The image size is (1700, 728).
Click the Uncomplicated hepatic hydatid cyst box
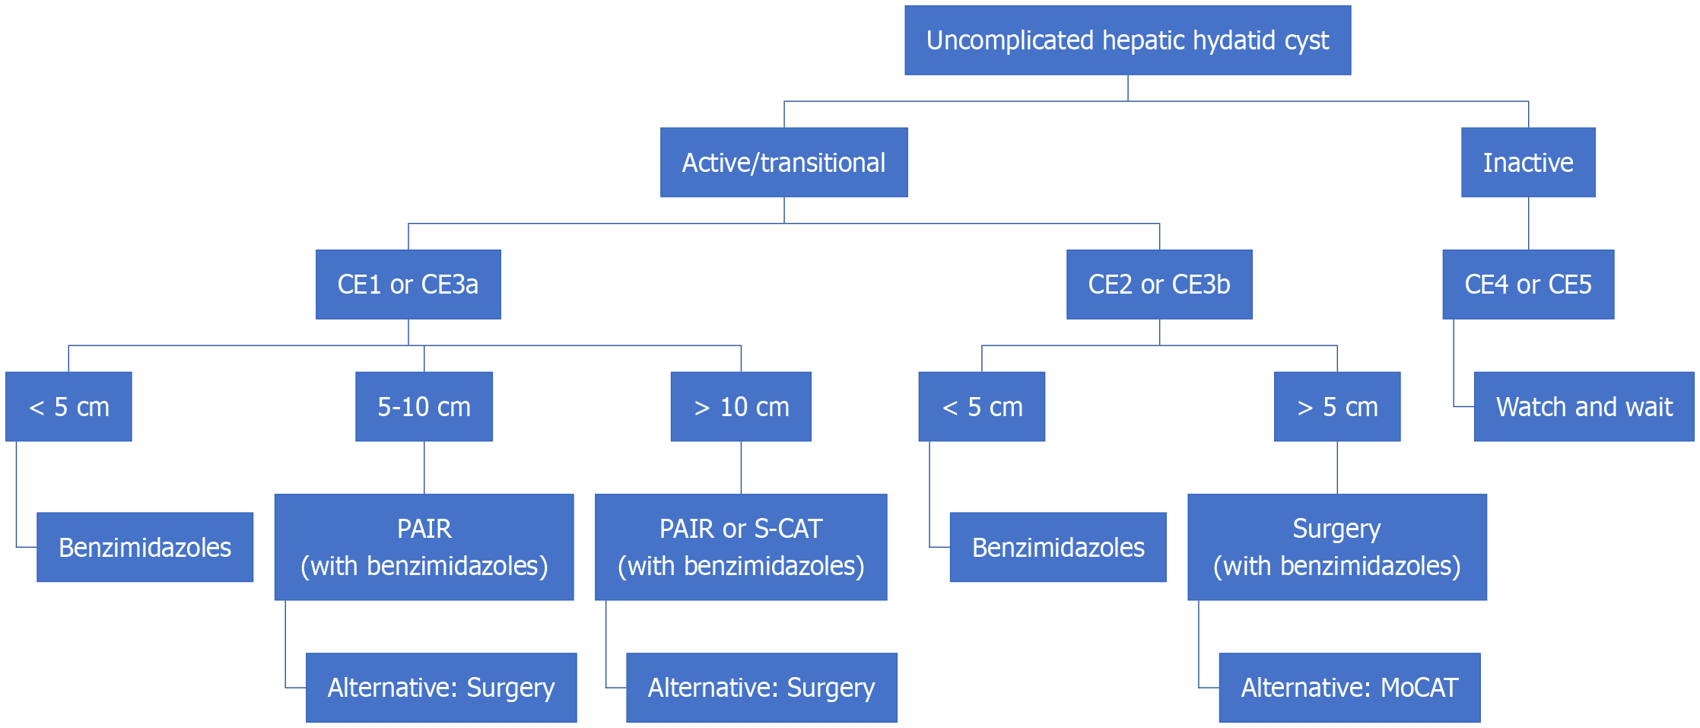pyautogui.click(x=1127, y=40)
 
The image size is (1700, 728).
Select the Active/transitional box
pyautogui.click(x=783, y=162)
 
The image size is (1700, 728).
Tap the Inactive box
pyautogui.click(x=1528, y=162)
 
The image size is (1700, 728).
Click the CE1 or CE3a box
pyautogui.click(x=408, y=284)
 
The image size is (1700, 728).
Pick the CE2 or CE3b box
pyautogui.click(x=1159, y=284)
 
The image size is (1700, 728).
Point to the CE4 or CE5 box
pyautogui.click(x=1528, y=284)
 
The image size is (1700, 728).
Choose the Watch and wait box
pyautogui.click(x=1584, y=406)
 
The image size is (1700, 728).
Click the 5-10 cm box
pyautogui.click(x=424, y=406)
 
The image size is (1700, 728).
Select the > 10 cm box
pyautogui.click(x=741, y=406)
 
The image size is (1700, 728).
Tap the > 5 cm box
pyautogui.click(x=1337, y=406)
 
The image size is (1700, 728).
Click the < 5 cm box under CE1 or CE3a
pyautogui.click(x=68, y=406)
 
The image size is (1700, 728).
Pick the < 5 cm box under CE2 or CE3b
pyautogui.click(x=981, y=406)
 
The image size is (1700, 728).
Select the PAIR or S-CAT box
pyautogui.click(x=741, y=547)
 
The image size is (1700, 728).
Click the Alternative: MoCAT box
pyautogui.click(x=1349, y=687)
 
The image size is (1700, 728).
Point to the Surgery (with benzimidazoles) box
pyautogui.click(x=1337, y=547)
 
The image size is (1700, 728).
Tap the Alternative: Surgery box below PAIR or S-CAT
pyautogui.click(x=761, y=687)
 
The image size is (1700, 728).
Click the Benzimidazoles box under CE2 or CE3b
pyautogui.click(x=1058, y=547)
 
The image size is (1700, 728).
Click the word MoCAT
pyautogui.click(x=1419, y=688)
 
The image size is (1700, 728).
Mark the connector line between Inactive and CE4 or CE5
pyautogui.click(x=1528, y=223)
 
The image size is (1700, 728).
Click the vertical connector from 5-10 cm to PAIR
pyautogui.click(x=424, y=467)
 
